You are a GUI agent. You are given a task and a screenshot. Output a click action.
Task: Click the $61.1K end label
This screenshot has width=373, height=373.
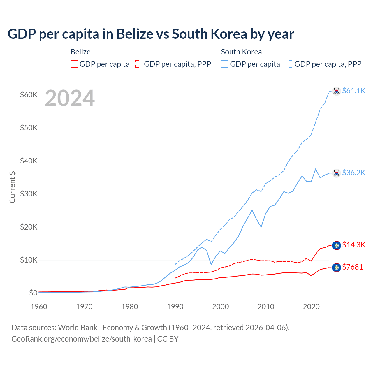click(x=353, y=91)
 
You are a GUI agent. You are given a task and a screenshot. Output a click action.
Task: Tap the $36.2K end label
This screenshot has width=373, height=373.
click(x=353, y=173)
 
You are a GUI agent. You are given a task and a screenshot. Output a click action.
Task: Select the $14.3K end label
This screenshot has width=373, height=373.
click(x=353, y=245)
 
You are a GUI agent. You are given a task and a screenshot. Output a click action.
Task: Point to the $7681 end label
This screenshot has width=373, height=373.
click(x=353, y=267)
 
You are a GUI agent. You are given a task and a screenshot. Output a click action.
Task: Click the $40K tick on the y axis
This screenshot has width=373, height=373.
click(x=29, y=161)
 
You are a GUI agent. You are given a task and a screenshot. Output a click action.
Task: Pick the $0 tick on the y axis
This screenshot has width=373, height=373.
click(x=33, y=293)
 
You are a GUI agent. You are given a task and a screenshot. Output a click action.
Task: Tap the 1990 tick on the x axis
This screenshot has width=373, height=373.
click(x=175, y=307)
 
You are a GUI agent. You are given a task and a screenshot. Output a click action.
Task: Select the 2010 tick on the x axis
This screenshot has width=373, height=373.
click(x=266, y=307)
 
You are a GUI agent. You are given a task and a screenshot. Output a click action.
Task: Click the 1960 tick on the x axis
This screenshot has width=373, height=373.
click(x=39, y=307)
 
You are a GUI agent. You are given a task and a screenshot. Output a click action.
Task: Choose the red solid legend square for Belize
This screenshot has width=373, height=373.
click(x=74, y=64)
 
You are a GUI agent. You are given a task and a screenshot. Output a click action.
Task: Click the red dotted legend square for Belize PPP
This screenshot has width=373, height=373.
click(x=139, y=64)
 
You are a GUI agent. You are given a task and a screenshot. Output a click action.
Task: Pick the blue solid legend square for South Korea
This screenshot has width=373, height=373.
click(x=225, y=64)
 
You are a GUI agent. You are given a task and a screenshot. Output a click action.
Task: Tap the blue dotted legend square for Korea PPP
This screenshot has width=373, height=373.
click(x=289, y=64)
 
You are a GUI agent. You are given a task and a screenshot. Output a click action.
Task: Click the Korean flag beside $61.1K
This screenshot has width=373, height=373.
click(x=337, y=91)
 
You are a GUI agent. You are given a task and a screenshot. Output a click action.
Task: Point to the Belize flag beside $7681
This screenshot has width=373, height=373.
click(x=337, y=267)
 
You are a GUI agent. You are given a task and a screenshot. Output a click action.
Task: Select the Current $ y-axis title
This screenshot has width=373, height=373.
click(x=12, y=187)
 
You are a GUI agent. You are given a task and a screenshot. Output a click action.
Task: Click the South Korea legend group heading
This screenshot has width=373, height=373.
click(x=241, y=52)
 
